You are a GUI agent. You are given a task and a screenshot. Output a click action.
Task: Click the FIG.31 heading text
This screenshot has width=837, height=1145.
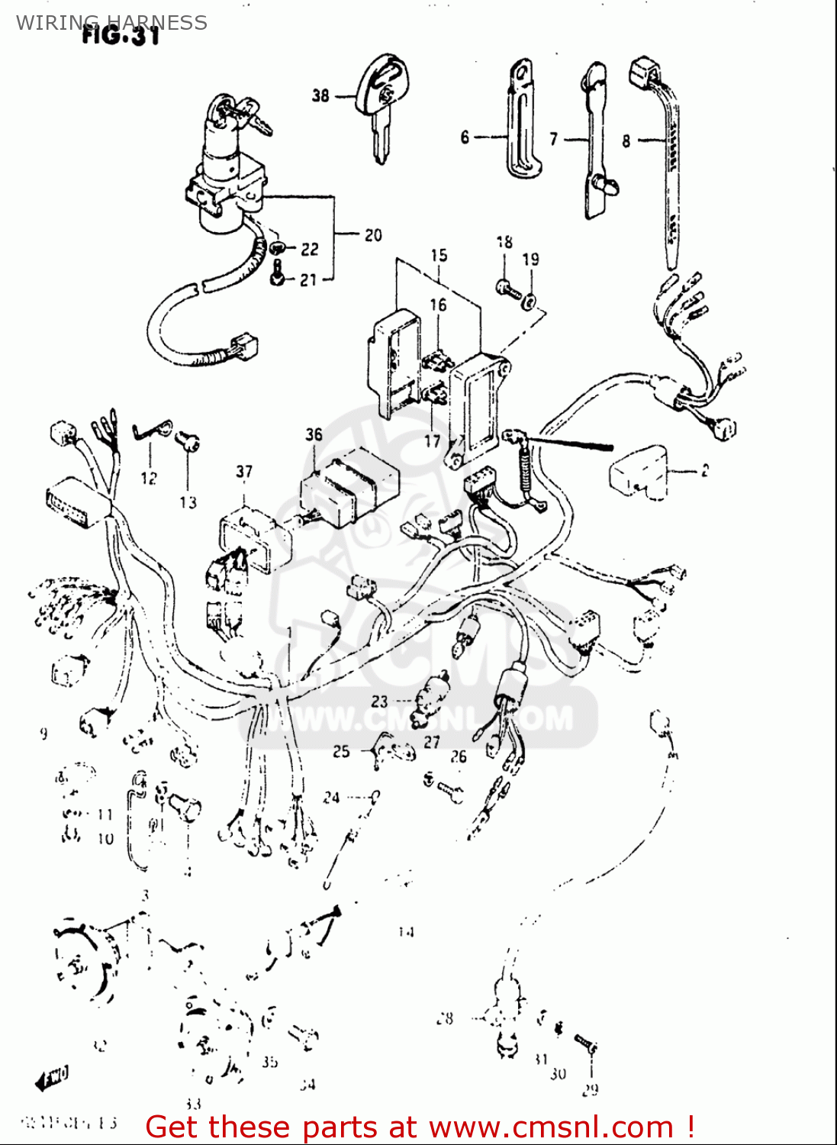(x=121, y=36)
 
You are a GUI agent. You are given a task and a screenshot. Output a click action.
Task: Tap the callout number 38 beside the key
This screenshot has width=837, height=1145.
(x=320, y=95)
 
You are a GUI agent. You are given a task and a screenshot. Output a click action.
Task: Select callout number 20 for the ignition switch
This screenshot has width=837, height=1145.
(x=372, y=235)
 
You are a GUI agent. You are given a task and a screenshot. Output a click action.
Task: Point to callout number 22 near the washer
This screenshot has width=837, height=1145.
(x=309, y=250)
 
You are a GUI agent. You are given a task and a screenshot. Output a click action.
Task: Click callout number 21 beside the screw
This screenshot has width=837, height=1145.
(x=307, y=280)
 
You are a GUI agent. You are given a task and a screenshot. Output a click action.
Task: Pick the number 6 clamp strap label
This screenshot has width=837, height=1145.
(x=465, y=137)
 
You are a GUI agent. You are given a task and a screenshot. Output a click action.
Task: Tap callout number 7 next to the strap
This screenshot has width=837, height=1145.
(x=554, y=139)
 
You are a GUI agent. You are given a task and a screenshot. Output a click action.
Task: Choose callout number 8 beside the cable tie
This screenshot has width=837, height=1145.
(x=626, y=140)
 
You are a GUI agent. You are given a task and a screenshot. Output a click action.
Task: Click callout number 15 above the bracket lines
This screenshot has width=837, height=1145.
(x=439, y=255)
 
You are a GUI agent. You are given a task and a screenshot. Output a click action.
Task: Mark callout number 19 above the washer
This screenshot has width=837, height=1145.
(x=530, y=260)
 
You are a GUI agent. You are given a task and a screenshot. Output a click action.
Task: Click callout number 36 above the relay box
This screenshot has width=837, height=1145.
(x=314, y=434)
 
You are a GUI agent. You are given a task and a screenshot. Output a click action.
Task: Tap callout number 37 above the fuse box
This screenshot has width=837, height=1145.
(x=243, y=472)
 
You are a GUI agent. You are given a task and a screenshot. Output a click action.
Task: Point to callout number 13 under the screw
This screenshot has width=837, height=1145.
(x=188, y=502)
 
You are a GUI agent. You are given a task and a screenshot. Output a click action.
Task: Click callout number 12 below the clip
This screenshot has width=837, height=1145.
(x=148, y=479)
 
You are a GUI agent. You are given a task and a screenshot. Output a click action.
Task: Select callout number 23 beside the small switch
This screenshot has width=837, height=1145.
(x=379, y=701)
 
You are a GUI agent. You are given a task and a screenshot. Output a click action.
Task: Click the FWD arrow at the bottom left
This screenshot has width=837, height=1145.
(x=52, y=1078)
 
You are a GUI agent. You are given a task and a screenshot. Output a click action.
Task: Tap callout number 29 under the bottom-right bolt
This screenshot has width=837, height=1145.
(x=590, y=1090)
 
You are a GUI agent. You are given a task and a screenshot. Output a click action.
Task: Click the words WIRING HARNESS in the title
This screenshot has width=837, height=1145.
(x=111, y=22)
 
